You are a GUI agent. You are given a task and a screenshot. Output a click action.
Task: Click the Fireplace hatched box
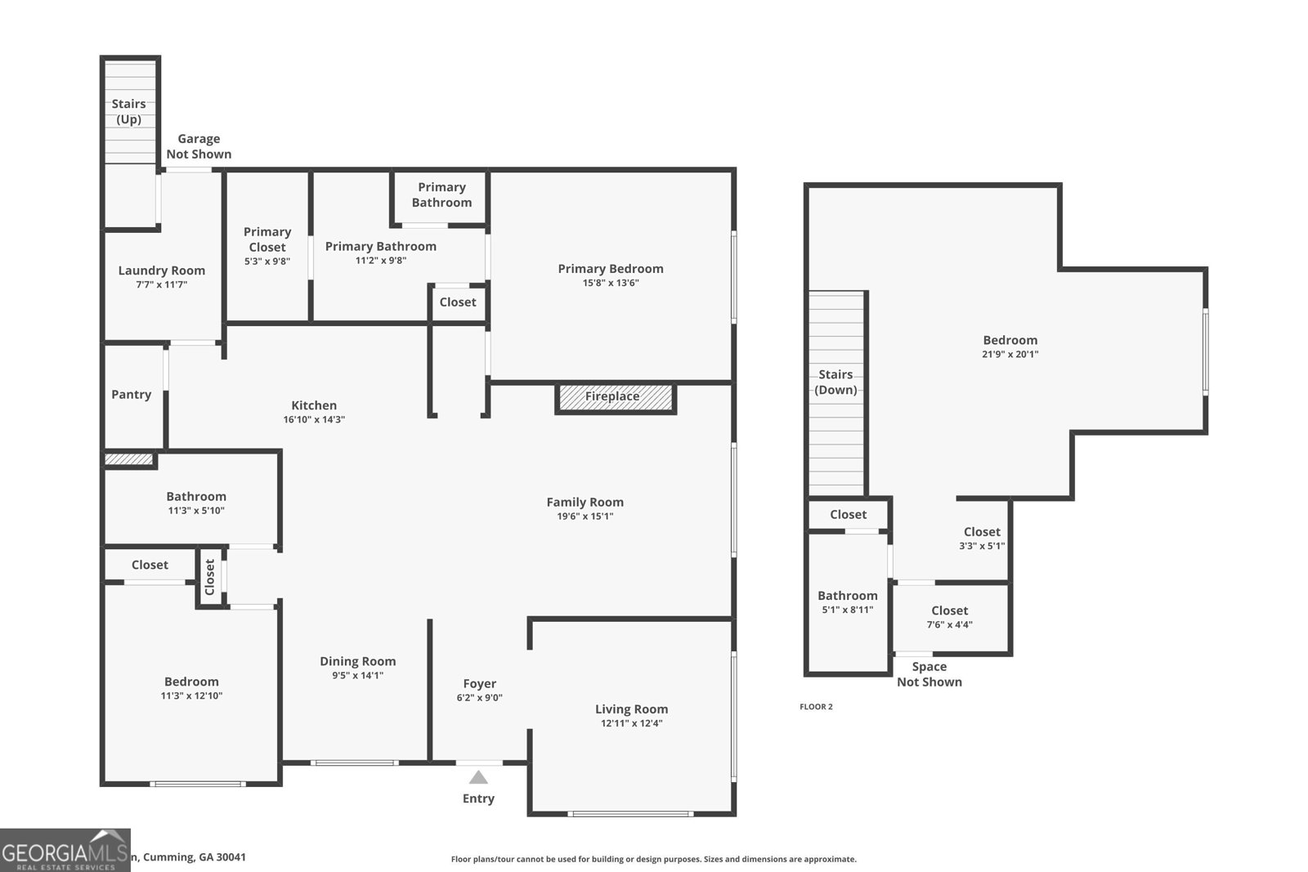pyautogui.click(x=615, y=397)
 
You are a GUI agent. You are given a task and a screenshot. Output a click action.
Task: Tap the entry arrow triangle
pyautogui.click(x=478, y=777)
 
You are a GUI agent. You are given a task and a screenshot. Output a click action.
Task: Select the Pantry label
pyautogui.click(x=131, y=395)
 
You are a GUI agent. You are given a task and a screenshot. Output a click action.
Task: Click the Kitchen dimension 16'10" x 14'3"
pyautogui.click(x=314, y=419)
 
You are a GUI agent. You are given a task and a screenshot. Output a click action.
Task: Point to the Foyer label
pyautogui.click(x=479, y=684)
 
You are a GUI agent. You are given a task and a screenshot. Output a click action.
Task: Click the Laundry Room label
pyautogui.click(x=162, y=271)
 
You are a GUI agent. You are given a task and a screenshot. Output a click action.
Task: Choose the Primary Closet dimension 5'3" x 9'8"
pyautogui.click(x=267, y=262)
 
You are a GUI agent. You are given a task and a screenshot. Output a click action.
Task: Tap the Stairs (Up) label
pyautogui.click(x=128, y=111)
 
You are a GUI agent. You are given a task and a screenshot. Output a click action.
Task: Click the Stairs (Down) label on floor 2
pyautogui.click(x=835, y=382)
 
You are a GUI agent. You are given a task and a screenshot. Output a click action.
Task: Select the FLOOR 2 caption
pyautogui.click(x=816, y=707)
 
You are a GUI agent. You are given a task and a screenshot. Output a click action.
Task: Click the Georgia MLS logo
pyautogui.click(x=65, y=851)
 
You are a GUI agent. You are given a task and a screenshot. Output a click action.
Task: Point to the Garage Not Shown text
pyautogui.click(x=199, y=146)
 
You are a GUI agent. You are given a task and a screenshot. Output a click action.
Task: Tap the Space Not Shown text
pyautogui.click(x=929, y=674)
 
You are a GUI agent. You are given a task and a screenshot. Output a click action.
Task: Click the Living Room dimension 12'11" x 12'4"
pyautogui.click(x=631, y=723)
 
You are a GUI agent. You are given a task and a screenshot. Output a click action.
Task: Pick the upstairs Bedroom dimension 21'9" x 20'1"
pyautogui.click(x=1010, y=355)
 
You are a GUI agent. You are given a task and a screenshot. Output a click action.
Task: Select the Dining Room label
pyautogui.click(x=357, y=661)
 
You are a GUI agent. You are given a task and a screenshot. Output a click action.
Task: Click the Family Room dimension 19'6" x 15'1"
pyautogui.click(x=585, y=516)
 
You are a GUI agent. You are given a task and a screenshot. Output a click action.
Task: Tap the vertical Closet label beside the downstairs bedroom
pyautogui.click(x=210, y=577)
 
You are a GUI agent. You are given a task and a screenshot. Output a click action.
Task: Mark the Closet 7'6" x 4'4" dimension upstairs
pyautogui.click(x=949, y=625)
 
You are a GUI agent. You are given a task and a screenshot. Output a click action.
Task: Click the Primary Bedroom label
pyautogui.click(x=611, y=269)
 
